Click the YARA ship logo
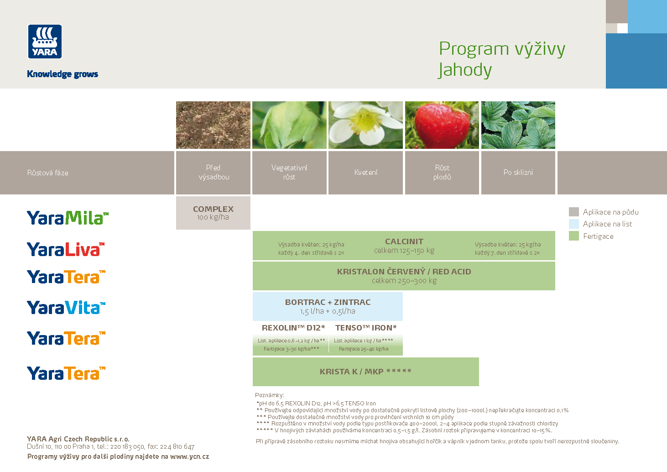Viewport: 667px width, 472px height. point(45,42)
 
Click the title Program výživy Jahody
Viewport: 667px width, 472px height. point(501,59)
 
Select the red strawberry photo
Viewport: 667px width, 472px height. point(442,125)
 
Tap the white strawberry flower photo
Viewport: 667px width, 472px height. point(365,125)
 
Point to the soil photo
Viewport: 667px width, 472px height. point(213,125)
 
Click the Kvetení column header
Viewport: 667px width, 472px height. point(365,173)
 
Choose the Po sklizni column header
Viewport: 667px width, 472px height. point(518,173)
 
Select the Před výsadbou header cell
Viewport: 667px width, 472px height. point(213,173)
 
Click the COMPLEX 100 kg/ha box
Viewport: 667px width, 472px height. point(213,213)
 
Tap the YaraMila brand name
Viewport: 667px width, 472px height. point(68,218)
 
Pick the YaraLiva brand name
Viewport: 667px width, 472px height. point(66,250)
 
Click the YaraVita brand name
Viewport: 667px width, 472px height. point(66,308)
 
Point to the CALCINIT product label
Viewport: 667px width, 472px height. point(404,241)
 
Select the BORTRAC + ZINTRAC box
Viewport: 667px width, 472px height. point(328,306)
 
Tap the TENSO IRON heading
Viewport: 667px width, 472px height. point(365,328)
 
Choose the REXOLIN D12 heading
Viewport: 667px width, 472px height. point(293,328)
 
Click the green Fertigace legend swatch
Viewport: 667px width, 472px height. point(574,236)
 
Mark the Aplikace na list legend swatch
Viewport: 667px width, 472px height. point(574,224)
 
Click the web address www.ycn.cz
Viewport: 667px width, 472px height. point(189,456)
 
